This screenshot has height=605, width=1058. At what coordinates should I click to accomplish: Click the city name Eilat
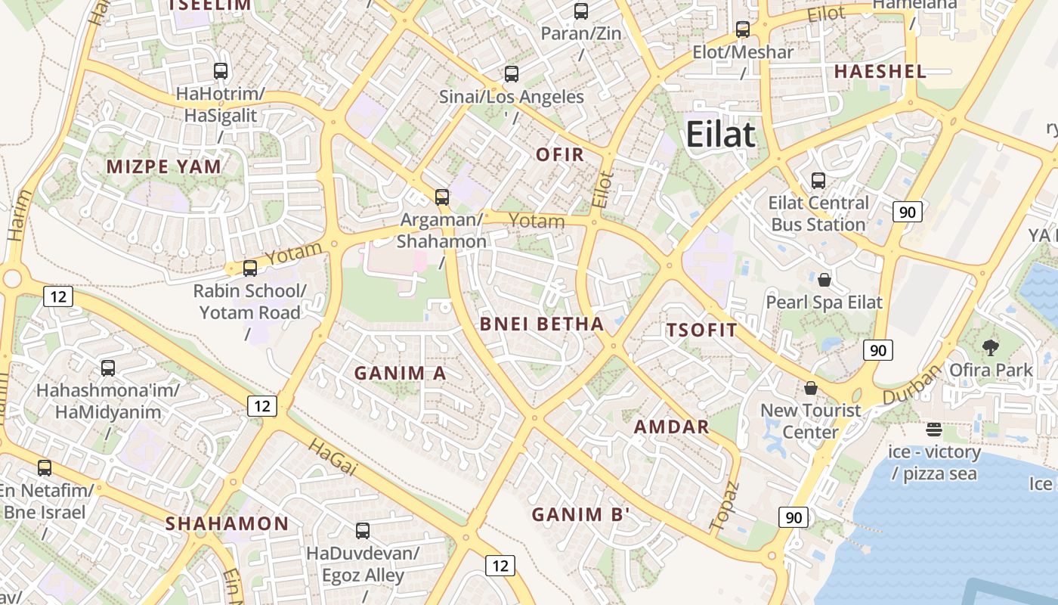pyautogui.click(x=720, y=135)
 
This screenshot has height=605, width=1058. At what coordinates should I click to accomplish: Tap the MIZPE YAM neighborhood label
pyautogui.click(x=164, y=166)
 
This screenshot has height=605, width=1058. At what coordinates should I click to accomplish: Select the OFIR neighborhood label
pyautogui.click(x=560, y=155)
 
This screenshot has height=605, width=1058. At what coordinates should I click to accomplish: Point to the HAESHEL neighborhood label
pyautogui.click(x=880, y=72)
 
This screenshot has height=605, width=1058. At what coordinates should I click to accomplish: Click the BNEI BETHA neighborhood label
pyautogui.click(x=542, y=324)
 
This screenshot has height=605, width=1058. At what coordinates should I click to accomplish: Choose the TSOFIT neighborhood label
pyautogui.click(x=701, y=330)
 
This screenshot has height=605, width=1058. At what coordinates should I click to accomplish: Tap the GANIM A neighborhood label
pyautogui.click(x=400, y=373)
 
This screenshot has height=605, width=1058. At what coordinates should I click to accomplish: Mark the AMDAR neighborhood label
pyautogui.click(x=671, y=427)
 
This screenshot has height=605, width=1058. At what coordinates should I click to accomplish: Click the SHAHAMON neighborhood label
pyautogui.click(x=227, y=523)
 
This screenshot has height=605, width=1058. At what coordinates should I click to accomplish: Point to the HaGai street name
pyautogui.click(x=332, y=457)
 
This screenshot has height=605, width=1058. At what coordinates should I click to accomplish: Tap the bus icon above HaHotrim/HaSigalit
pyautogui.click(x=221, y=71)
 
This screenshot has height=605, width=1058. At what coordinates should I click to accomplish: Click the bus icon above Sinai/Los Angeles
pyautogui.click(x=512, y=74)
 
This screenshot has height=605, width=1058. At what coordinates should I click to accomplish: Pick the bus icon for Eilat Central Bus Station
pyautogui.click(x=818, y=181)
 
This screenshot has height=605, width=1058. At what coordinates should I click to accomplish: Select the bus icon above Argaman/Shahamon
pyautogui.click(x=442, y=197)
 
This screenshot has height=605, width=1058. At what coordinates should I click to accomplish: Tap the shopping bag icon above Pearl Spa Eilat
pyautogui.click(x=824, y=280)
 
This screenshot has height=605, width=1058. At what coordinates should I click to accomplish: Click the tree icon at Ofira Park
pyautogui.click(x=991, y=348)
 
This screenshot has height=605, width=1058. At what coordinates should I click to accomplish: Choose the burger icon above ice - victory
pyautogui.click(x=934, y=430)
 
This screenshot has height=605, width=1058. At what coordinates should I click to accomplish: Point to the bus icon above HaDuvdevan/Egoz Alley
pyautogui.click(x=363, y=531)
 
